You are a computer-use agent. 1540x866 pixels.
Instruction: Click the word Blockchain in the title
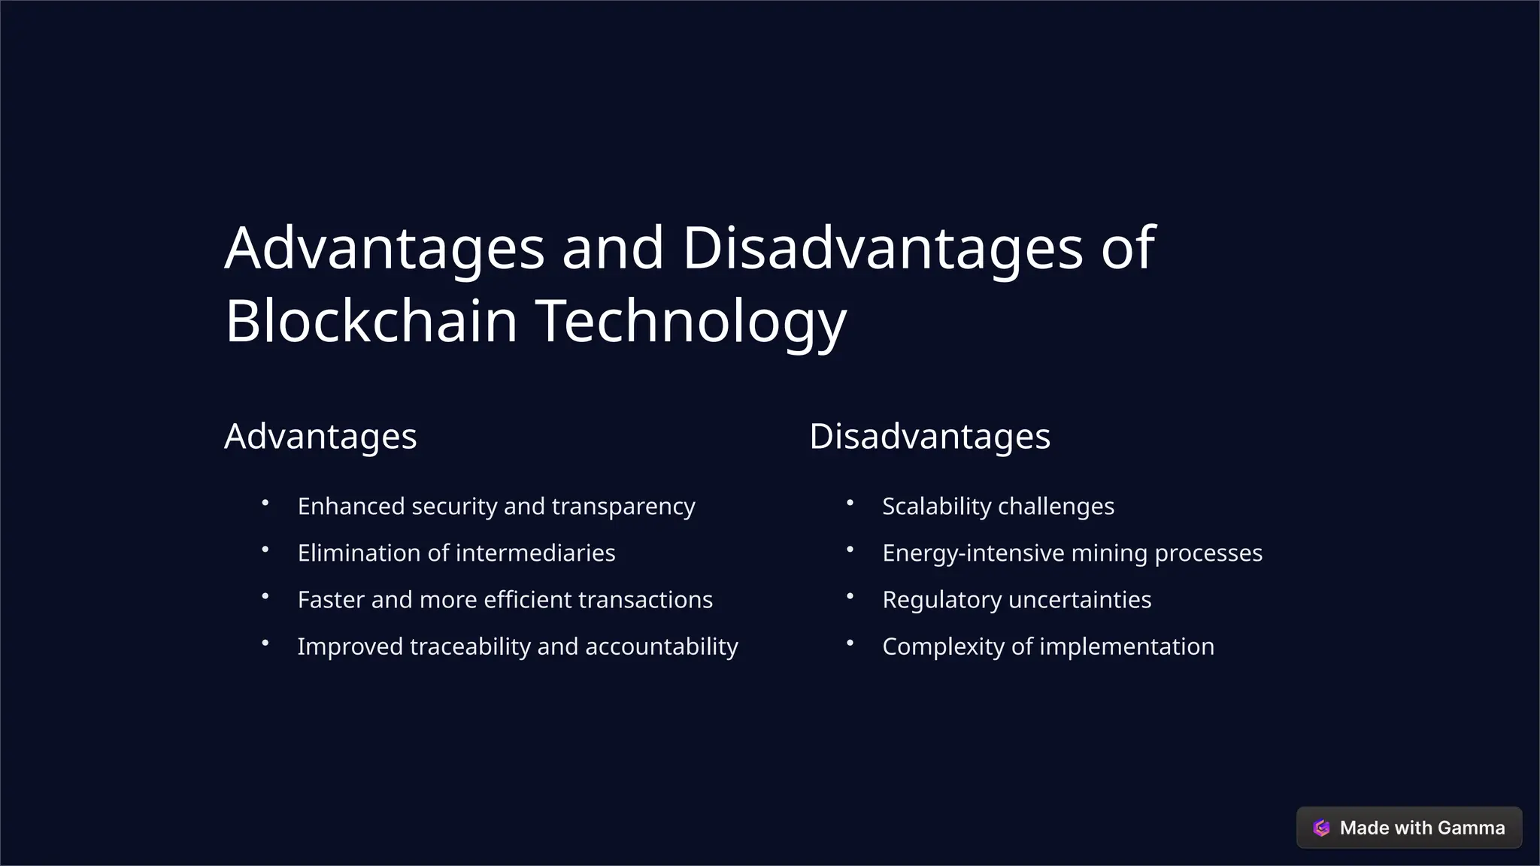371,321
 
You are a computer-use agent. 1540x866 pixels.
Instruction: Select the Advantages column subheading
320,437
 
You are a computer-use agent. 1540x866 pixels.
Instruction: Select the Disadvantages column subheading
929,437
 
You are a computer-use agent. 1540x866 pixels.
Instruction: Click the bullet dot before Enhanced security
265,503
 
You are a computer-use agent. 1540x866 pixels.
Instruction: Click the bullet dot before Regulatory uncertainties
850,596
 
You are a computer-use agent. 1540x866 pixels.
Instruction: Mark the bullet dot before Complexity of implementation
850,643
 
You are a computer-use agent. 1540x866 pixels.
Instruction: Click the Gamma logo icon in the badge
1321,828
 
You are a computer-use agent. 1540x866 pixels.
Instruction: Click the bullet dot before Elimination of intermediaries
265,550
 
